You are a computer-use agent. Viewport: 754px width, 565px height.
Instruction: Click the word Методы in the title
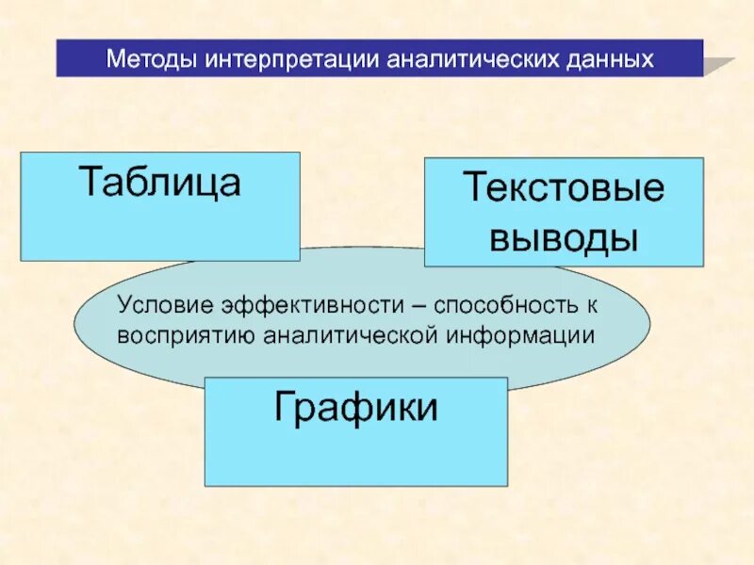tap(151, 59)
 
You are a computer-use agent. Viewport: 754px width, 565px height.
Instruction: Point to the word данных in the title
tap(608, 59)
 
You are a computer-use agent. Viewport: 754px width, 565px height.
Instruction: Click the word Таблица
tap(160, 182)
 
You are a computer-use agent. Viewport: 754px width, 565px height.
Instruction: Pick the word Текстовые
tap(563, 188)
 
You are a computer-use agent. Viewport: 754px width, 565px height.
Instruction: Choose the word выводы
tap(563, 237)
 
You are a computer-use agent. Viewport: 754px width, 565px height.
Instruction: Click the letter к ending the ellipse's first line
tap(593, 307)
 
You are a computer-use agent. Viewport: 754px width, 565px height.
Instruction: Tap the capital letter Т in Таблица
tap(90, 182)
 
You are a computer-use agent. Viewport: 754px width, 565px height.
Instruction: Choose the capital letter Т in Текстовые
tap(473, 188)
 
